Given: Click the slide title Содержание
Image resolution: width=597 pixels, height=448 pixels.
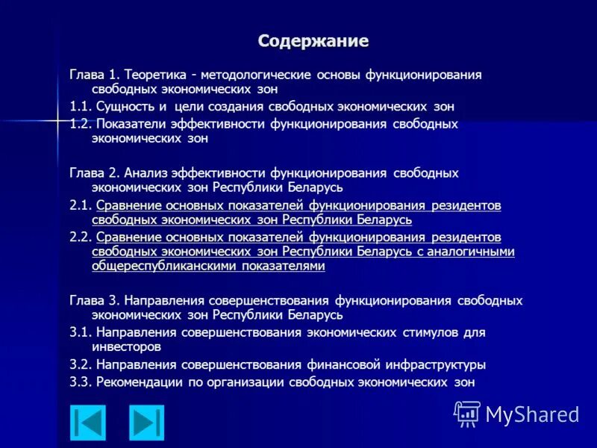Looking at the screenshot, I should click(313, 40).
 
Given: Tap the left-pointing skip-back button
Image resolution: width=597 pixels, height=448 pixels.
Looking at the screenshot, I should click(88, 422).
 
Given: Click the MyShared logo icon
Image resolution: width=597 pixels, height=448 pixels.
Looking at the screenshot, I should click(467, 413).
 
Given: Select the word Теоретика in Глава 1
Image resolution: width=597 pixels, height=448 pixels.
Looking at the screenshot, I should click(152, 75).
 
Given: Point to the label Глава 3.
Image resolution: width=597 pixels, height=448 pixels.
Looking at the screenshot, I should click(95, 300).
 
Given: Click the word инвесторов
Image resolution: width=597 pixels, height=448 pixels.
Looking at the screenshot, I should click(126, 346).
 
